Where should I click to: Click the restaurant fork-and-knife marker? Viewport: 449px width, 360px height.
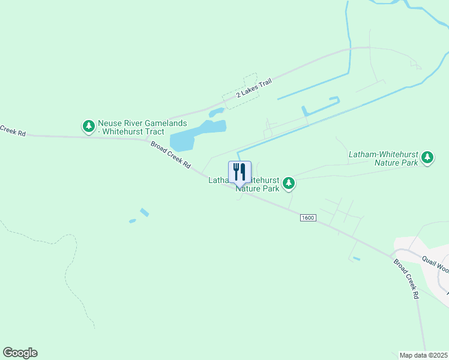point(240,172)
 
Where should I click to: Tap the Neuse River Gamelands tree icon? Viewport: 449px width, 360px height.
point(89,126)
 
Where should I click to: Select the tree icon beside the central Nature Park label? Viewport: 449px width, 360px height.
point(289,183)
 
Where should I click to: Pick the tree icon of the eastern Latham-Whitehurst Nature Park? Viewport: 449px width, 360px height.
point(427,158)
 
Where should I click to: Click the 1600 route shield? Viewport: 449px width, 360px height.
point(307,218)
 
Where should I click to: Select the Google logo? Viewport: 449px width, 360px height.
point(20,353)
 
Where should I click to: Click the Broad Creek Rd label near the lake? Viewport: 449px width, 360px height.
point(170,155)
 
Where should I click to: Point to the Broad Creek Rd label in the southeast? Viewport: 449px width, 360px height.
point(406,279)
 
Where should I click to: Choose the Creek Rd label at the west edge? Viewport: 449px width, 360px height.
point(12,130)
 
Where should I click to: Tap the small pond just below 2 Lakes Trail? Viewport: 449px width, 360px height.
point(216,112)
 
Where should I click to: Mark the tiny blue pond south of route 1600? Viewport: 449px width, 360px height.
point(357,259)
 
